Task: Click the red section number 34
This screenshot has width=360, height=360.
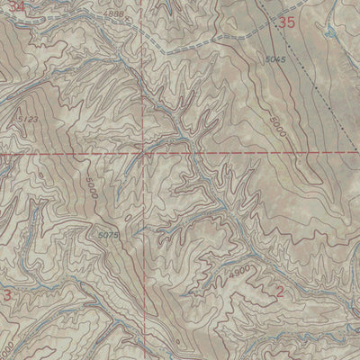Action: point(9,6)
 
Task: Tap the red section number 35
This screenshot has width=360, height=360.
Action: point(286,22)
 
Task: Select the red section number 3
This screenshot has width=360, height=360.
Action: point(7,294)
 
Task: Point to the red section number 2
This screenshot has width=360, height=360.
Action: point(280,290)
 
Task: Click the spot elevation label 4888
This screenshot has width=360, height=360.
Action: point(114,15)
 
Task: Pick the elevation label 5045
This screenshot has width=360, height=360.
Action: point(276,60)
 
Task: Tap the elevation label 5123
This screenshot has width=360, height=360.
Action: point(28,118)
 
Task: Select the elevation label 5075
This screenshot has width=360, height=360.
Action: point(108,236)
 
